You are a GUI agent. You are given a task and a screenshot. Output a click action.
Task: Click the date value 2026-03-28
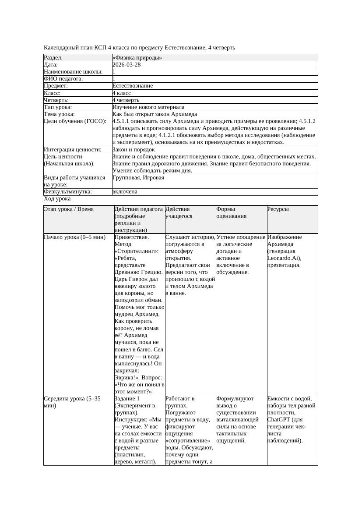pos(127,65)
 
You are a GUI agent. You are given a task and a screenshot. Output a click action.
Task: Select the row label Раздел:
pos(53,58)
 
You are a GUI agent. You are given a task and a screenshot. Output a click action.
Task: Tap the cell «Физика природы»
pos(137,58)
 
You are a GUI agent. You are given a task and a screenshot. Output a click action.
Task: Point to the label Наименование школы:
pos(74,72)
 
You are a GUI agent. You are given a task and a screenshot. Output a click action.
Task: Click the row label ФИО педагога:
pos(63,79)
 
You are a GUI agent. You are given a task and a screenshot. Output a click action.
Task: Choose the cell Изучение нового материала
pos(148,107)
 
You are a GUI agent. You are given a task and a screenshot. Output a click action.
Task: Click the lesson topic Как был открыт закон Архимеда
pos(155,114)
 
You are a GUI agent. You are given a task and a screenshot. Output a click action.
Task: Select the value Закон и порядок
pos(134,150)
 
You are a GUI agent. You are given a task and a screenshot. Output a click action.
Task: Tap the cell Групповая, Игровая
pos(138,178)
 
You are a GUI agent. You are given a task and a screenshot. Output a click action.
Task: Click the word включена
pos(125,192)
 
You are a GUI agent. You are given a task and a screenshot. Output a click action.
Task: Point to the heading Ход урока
pos(57,199)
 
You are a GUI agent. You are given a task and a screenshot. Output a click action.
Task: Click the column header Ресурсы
pos(278,209)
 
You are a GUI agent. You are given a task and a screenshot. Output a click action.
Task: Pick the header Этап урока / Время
pos(69,209)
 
